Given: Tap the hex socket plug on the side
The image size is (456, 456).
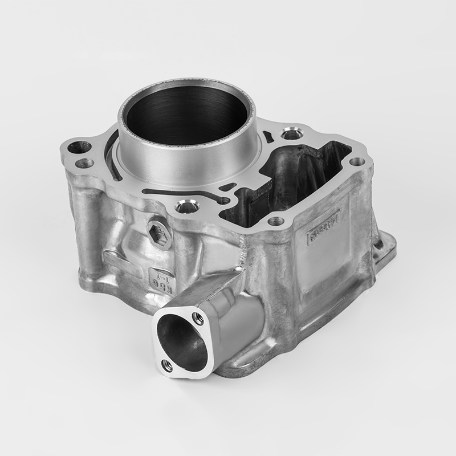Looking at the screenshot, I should pos(160,234).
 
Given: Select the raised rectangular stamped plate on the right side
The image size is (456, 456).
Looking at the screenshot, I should pos(323,228).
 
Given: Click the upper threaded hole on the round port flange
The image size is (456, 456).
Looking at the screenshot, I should pos(198,317).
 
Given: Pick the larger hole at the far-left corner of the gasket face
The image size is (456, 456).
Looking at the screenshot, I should pos(79,148).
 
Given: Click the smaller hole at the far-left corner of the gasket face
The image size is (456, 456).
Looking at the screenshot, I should pos(84,164).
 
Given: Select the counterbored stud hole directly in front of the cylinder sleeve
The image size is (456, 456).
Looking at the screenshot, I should pos(187,206).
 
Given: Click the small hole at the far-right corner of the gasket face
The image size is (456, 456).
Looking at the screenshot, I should pos(357,162).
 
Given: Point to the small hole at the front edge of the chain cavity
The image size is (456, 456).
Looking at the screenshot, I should pos(275,221).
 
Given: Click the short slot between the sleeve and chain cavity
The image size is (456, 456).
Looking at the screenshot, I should pos(227,186).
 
